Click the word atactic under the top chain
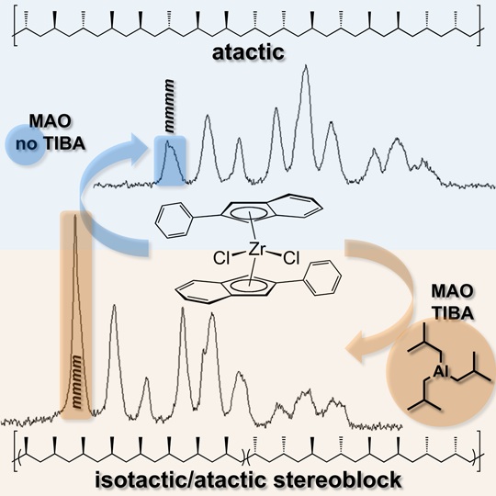pos(248,52)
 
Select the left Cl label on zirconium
pos(221,258)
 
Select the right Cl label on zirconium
pos(291,258)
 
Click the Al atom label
pos(441,371)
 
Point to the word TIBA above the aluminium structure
pos(453,313)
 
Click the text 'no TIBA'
pos(51,144)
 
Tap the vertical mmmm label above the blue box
pos(170,106)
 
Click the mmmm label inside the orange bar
pos(76,382)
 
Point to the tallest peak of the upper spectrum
pos(305,65)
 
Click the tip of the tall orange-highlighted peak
pos(75,215)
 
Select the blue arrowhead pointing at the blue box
pos(141,146)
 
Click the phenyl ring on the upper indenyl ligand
pos(174,220)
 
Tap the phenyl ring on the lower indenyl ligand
pos(323,277)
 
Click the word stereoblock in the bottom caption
pos(337,479)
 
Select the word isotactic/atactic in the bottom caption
pos(181,479)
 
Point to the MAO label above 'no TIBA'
pos(50,121)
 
